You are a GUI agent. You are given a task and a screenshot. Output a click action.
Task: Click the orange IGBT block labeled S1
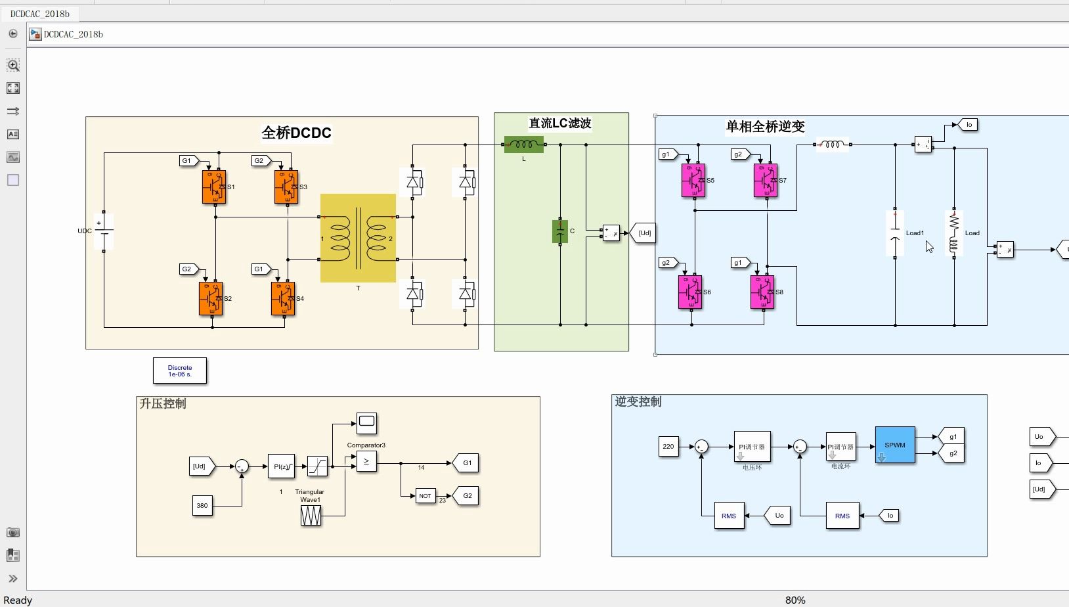[x=213, y=187]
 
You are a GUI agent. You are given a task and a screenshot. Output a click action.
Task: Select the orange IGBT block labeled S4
[x=283, y=299]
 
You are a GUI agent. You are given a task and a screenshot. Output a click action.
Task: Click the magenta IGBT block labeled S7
[x=765, y=181]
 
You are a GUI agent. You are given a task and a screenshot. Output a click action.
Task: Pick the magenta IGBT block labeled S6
[x=690, y=292]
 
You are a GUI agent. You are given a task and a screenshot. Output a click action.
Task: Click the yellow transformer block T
[x=358, y=238]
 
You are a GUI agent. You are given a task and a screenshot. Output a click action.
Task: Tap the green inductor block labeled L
[x=523, y=145]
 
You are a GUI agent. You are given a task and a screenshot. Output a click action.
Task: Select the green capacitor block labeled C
[x=560, y=231]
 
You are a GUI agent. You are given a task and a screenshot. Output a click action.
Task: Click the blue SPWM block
[x=894, y=445]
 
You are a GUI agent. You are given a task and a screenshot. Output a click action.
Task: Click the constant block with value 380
[x=202, y=505]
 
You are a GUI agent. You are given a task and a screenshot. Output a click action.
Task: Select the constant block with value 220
[x=668, y=447]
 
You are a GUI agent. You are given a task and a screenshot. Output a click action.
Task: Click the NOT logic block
[x=425, y=496]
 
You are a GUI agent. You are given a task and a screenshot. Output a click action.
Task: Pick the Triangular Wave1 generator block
[x=311, y=516]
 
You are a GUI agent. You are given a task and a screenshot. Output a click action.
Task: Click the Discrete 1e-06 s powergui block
[x=180, y=371]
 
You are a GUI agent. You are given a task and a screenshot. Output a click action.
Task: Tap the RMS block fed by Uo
[x=729, y=516]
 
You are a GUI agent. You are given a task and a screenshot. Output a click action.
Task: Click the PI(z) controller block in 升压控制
[x=281, y=466]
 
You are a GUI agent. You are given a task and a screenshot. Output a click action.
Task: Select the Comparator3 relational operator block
[x=366, y=462]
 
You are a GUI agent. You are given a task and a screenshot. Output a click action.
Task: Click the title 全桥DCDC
[x=296, y=133]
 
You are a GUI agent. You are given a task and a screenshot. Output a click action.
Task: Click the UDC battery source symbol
[x=104, y=231]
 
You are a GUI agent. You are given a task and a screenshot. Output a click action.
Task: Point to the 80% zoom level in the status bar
[x=795, y=600]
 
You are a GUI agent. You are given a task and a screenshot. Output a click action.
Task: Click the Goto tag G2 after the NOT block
[x=466, y=495]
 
